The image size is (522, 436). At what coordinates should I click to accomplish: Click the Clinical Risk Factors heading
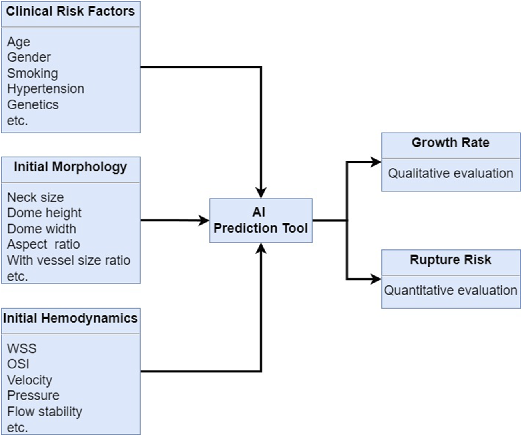(x=70, y=11)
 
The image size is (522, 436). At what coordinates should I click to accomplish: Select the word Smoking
(x=32, y=73)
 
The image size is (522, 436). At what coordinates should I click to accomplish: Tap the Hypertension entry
(x=46, y=89)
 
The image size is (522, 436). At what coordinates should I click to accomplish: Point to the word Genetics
(x=33, y=105)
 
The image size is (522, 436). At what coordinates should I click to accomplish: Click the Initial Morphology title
(x=70, y=167)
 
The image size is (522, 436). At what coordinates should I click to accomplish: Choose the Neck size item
(x=35, y=197)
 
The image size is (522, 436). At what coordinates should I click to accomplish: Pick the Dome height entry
(x=44, y=213)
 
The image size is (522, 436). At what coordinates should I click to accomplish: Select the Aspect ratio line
(x=43, y=245)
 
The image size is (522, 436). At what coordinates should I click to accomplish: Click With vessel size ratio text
(x=68, y=261)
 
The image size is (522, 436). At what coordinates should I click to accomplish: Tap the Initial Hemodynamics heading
(x=70, y=318)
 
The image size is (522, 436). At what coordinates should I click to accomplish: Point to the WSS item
(x=22, y=348)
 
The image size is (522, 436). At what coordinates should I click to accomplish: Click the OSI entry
(x=18, y=364)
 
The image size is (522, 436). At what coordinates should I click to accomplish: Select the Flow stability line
(x=44, y=412)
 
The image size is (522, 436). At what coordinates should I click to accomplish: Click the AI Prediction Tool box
(x=261, y=220)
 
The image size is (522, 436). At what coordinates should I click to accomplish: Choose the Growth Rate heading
(x=450, y=143)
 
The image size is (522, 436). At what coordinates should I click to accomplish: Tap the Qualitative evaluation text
(x=450, y=173)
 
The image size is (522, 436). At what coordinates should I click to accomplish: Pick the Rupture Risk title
(x=450, y=260)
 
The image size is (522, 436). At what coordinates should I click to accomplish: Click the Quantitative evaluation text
(x=450, y=291)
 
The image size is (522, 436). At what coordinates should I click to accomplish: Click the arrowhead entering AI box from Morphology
(x=205, y=220)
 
